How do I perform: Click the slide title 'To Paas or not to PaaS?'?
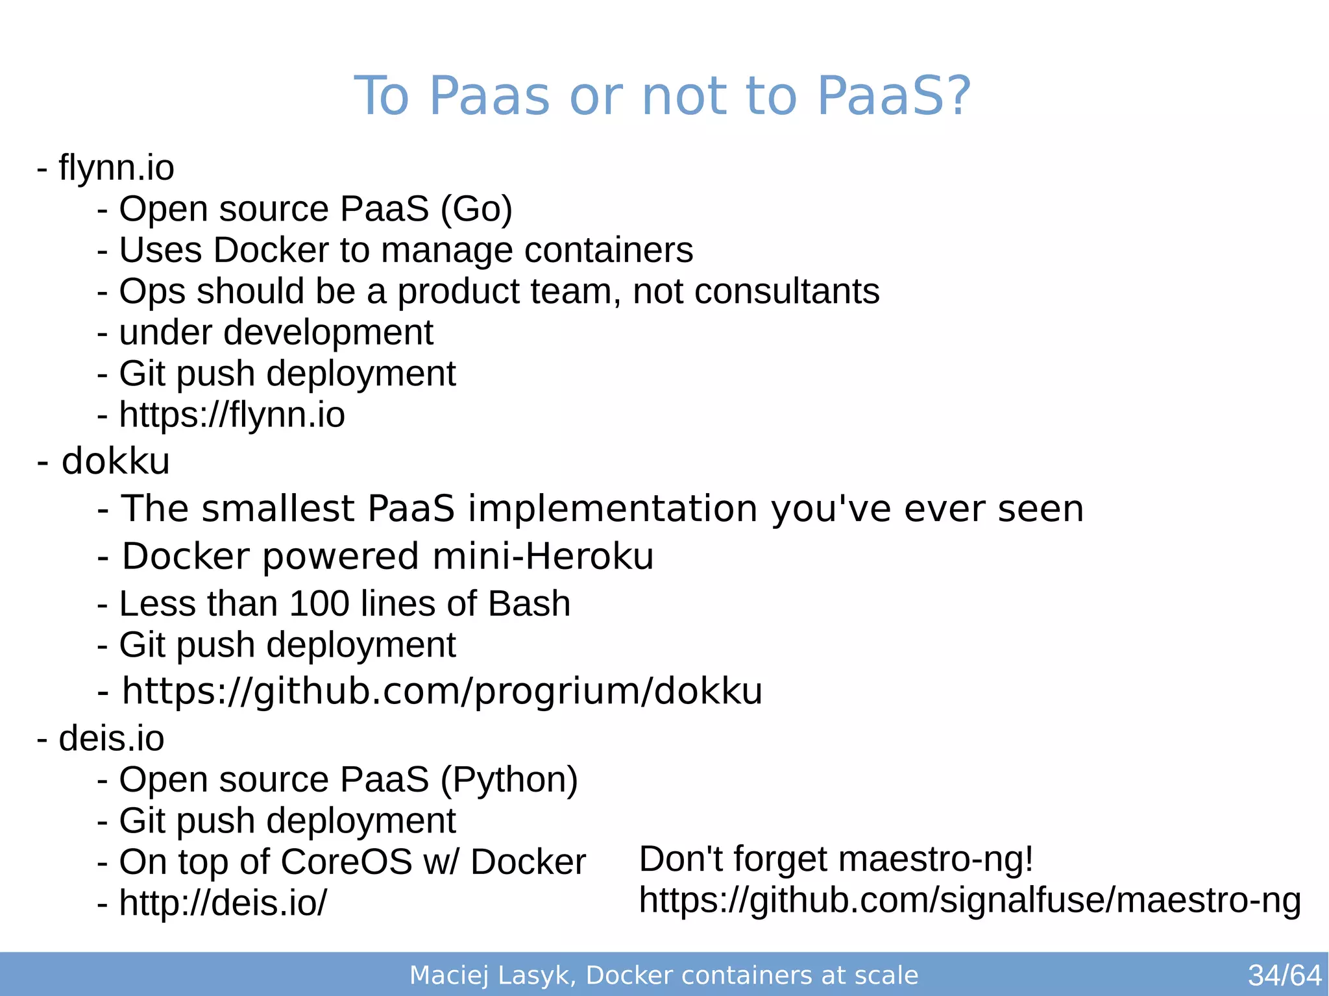point(662,96)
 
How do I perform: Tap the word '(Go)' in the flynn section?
point(476,210)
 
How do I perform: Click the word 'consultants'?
point(786,291)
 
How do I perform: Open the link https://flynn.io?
point(232,415)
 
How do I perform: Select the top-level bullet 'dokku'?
point(115,461)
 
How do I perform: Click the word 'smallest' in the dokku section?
point(278,508)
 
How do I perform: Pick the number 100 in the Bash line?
point(319,604)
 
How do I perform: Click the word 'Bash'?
point(529,604)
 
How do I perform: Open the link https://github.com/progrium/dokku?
point(442,691)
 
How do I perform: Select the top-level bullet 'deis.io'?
point(111,738)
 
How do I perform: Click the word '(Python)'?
point(509,780)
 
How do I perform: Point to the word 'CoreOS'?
point(347,862)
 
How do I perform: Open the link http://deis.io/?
point(223,903)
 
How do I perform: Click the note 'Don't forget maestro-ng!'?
point(836,859)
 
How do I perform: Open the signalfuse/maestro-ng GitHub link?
point(969,901)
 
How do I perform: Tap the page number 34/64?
point(1284,975)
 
